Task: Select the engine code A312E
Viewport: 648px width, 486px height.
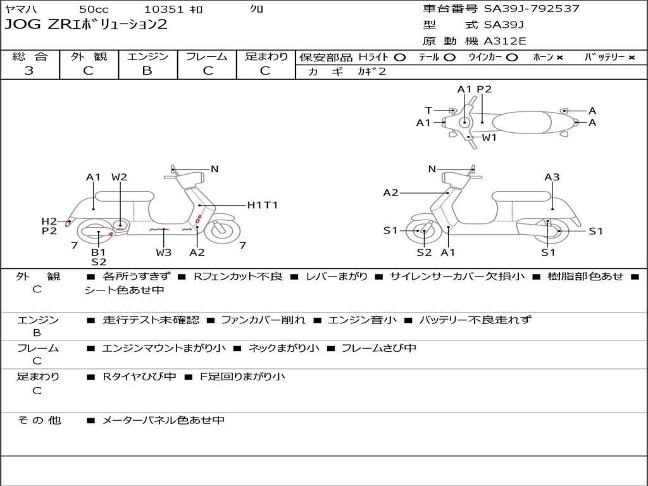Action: (505, 42)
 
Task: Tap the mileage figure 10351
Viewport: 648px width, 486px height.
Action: (164, 9)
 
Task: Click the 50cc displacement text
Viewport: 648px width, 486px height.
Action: (93, 9)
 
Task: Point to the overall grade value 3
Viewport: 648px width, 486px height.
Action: (29, 71)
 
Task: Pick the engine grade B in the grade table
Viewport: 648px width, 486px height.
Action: (147, 71)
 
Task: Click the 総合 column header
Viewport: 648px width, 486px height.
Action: (30, 56)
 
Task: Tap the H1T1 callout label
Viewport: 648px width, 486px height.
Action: (262, 205)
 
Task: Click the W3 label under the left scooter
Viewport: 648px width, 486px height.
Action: (164, 252)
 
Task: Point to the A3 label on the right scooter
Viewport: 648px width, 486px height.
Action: (552, 177)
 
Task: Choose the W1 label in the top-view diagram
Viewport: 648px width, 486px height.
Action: (489, 137)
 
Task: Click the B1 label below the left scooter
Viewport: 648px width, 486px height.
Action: (99, 252)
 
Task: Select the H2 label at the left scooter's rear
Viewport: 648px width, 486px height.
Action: (49, 221)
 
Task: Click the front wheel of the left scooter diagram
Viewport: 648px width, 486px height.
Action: (221, 230)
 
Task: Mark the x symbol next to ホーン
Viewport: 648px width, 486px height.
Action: (559, 57)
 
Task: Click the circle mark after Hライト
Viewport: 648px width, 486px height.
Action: (399, 57)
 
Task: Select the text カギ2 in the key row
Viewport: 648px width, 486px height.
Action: (372, 72)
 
